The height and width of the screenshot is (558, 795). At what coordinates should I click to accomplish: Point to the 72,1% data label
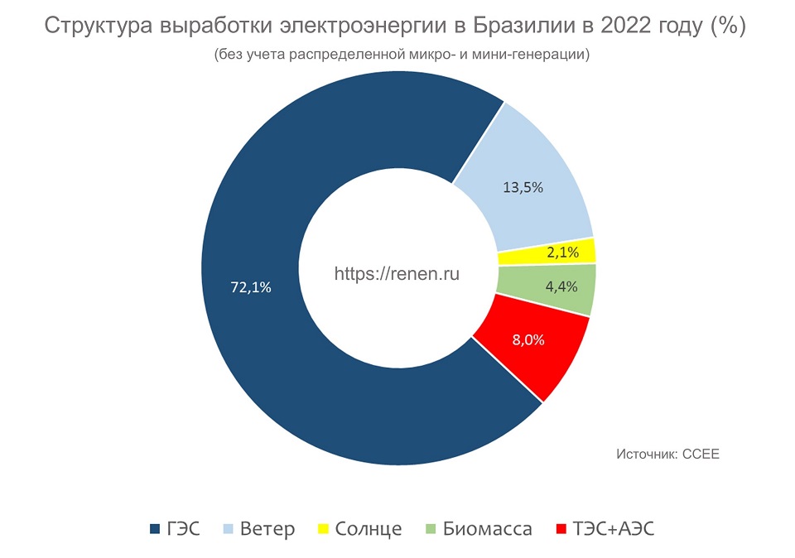(251, 287)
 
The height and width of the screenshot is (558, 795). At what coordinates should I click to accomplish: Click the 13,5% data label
(523, 187)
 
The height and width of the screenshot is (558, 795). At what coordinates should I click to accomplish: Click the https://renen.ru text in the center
(397, 272)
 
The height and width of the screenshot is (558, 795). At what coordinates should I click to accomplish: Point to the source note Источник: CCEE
(667, 454)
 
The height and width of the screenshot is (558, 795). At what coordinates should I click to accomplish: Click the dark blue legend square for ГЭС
(153, 528)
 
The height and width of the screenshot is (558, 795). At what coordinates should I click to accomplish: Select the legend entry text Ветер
(267, 528)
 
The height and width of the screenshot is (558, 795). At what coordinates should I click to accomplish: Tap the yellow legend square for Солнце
(324, 528)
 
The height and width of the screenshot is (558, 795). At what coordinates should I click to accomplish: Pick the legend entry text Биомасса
(487, 528)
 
